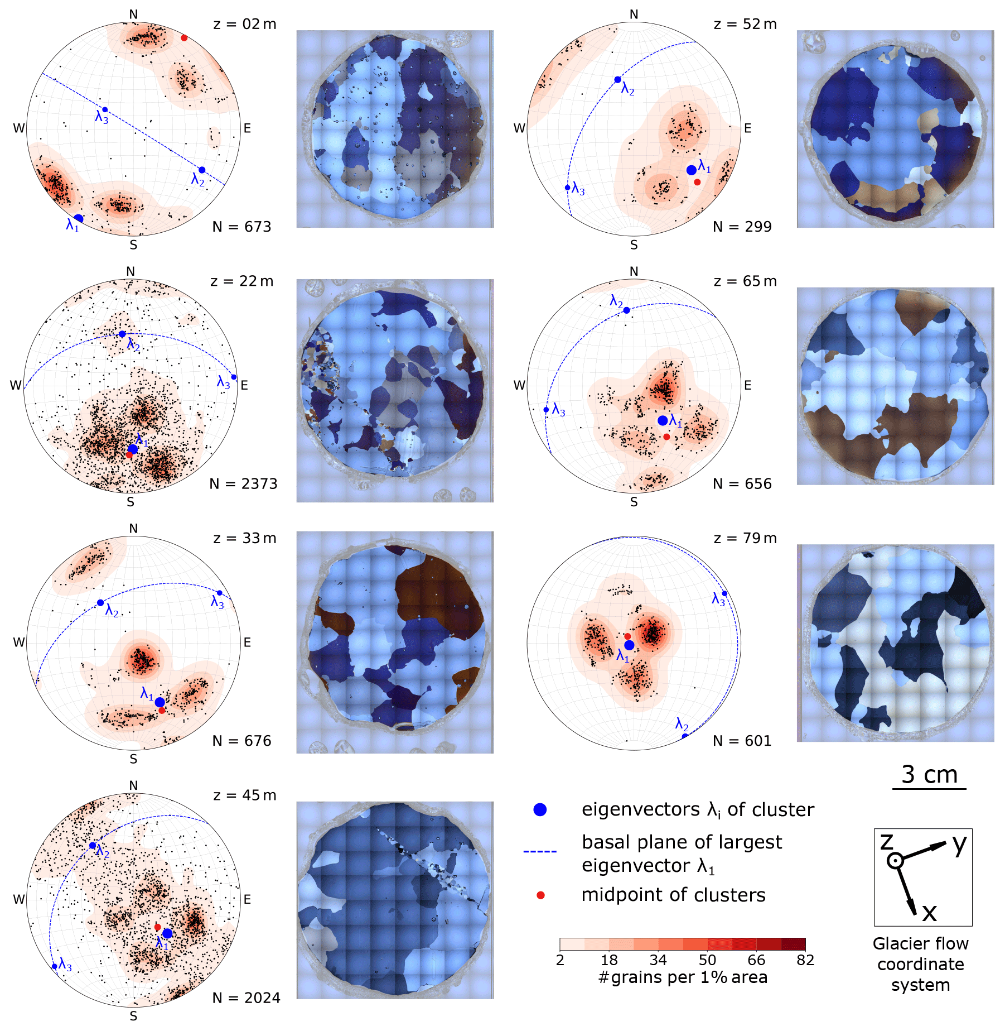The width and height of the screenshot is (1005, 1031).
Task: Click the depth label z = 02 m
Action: click(x=245, y=24)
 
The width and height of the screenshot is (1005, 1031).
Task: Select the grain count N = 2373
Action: click(x=243, y=483)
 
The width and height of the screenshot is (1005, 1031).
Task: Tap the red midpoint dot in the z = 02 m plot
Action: click(x=184, y=38)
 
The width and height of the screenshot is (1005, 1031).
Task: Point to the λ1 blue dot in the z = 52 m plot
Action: click(x=692, y=170)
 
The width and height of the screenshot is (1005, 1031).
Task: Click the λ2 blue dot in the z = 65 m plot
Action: click(x=626, y=310)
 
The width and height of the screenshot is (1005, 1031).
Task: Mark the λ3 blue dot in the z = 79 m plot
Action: click(x=724, y=593)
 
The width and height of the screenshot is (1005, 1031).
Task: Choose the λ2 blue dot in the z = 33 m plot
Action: click(x=100, y=602)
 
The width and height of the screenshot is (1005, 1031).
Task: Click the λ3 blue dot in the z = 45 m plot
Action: click(x=54, y=966)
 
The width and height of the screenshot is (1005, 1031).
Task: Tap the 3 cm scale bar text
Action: click(x=930, y=774)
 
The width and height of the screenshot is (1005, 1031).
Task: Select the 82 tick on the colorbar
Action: click(x=805, y=960)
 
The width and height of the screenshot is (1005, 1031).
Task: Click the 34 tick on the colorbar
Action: click(x=658, y=960)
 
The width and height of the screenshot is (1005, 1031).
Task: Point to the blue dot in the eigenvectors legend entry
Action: click(x=540, y=810)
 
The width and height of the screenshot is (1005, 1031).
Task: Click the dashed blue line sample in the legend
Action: click(x=540, y=851)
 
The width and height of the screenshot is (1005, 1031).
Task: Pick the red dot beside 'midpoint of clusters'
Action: click(x=540, y=895)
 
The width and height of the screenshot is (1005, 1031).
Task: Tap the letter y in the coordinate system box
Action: click(x=959, y=845)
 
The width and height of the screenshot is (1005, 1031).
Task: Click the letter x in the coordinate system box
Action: click(x=929, y=913)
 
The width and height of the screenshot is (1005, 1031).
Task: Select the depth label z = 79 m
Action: click(x=745, y=538)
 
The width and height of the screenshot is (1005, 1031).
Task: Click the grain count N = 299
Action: click(x=742, y=227)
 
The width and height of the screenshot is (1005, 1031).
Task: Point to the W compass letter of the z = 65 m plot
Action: click(x=519, y=385)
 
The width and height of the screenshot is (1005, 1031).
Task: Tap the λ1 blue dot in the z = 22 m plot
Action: click(x=132, y=449)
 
